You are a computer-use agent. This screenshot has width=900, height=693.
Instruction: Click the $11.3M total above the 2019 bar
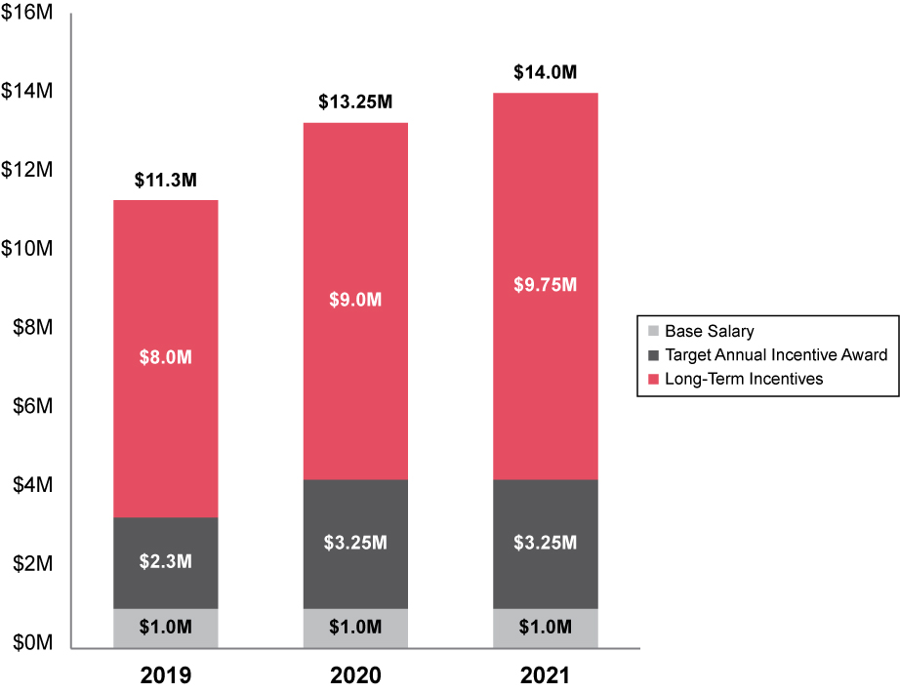tap(166, 181)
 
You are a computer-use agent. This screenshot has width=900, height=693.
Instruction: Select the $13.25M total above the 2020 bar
tap(355, 102)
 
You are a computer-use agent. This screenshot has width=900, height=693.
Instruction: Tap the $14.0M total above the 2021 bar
tap(546, 73)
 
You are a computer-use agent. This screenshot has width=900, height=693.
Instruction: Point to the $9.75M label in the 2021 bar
tap(546, 285)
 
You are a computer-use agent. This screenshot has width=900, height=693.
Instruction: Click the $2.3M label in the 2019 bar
tap(166, 561)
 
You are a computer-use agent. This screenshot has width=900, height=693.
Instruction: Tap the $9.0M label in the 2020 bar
tap(355, 301)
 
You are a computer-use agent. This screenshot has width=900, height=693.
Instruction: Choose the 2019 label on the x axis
tap(166, 675)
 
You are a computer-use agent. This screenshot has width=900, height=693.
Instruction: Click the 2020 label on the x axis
tap(355, 675)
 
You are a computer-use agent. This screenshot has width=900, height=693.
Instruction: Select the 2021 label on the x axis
tap(546, 675)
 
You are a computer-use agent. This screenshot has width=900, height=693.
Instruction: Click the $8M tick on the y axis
tap(33, 328)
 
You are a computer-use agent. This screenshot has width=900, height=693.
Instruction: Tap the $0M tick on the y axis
tap(33, 643)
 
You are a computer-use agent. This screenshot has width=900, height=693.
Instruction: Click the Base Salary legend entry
tap(709, 331)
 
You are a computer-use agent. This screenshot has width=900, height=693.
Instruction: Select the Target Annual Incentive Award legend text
tap(775, 354)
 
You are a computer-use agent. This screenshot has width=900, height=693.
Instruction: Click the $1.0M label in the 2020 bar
tap(355, 627)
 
